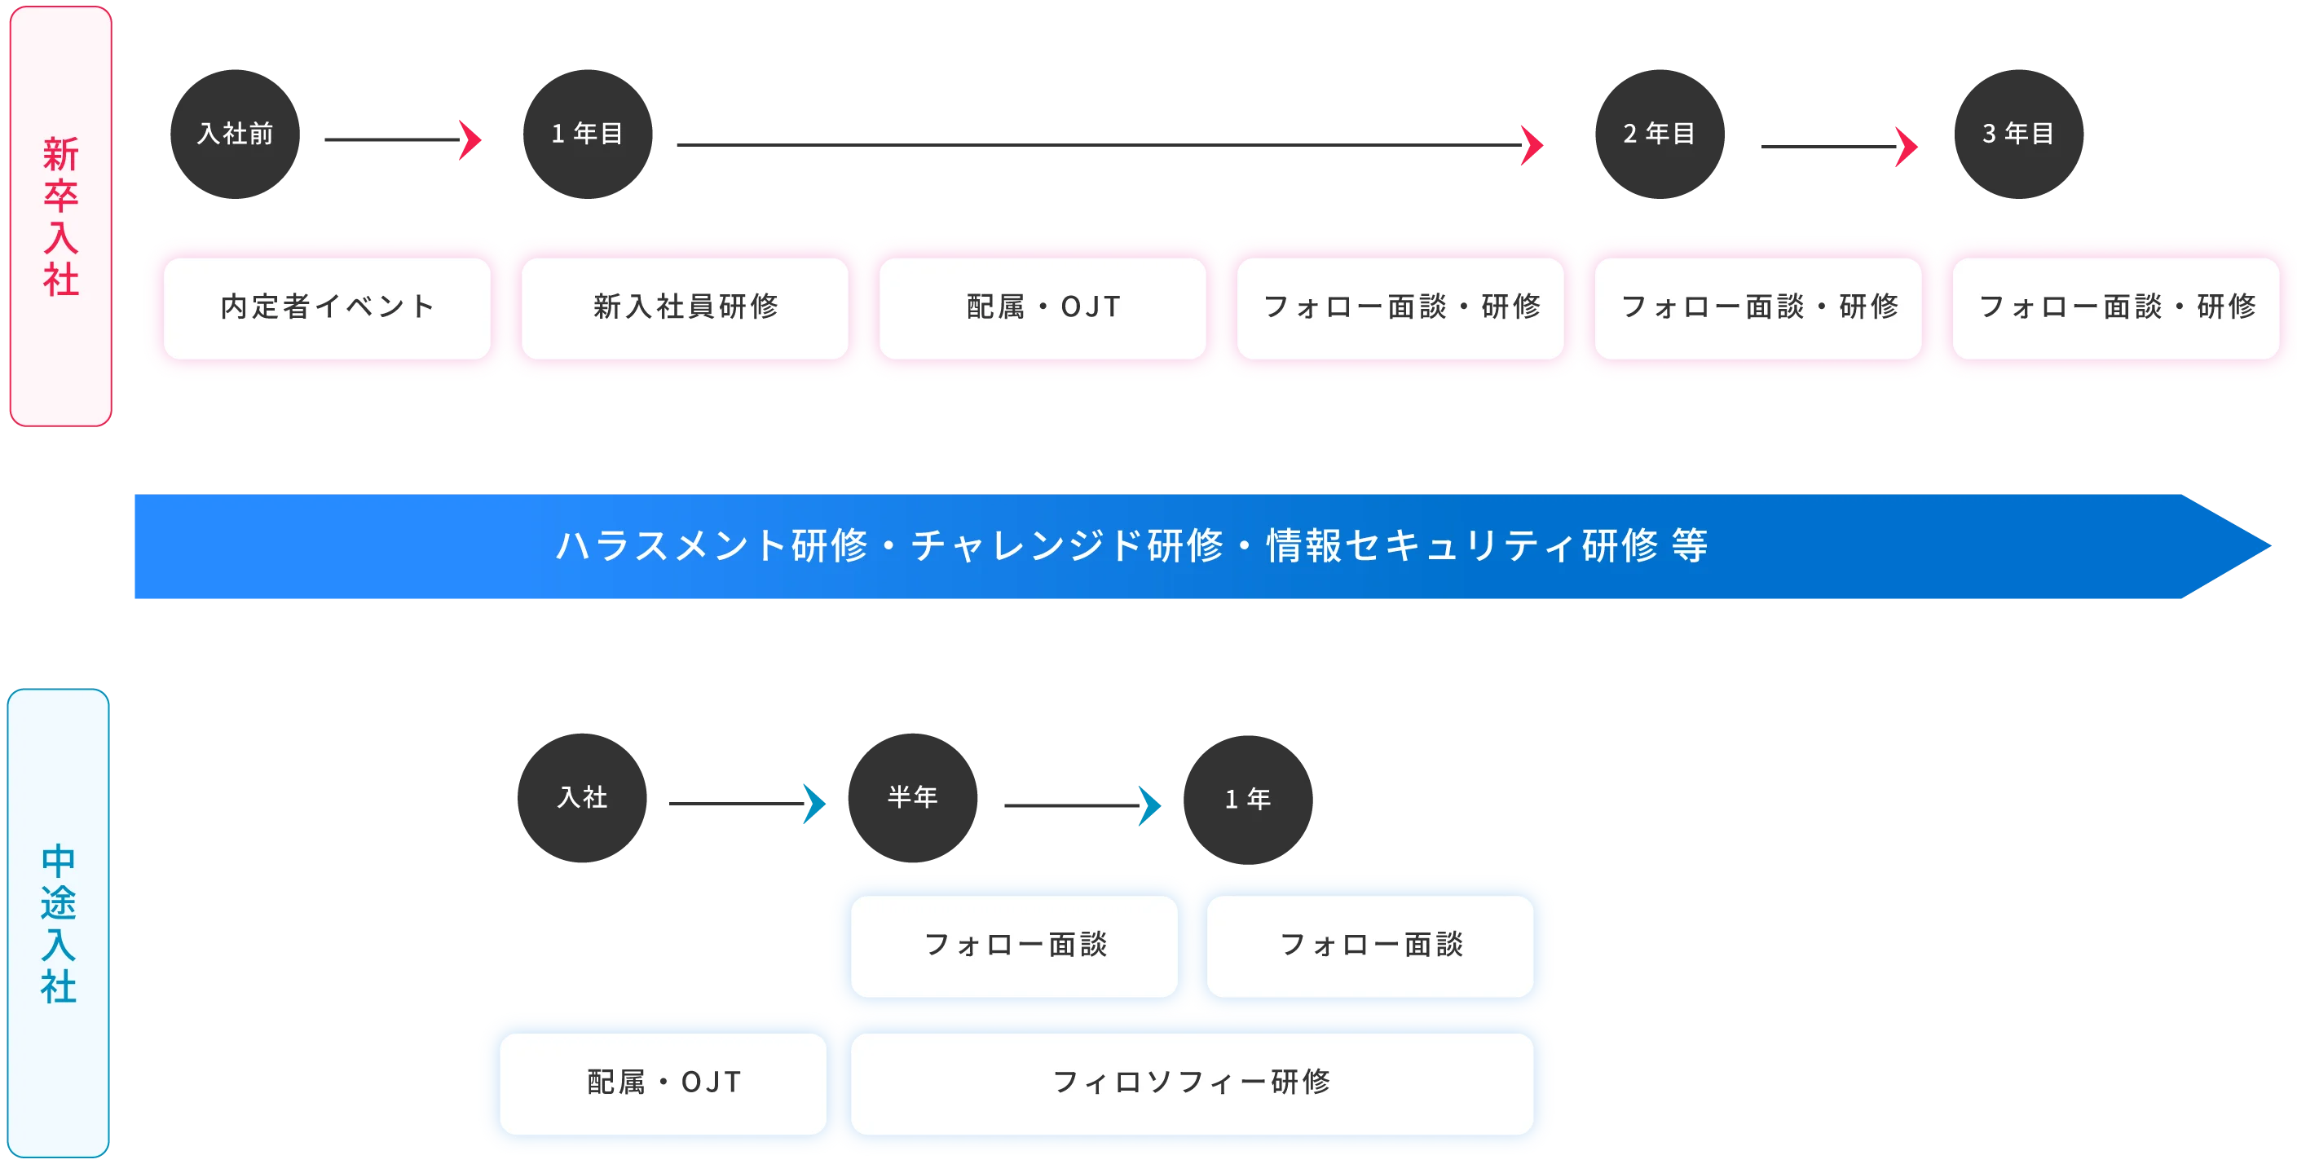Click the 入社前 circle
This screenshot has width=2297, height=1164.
(x=235, y=134)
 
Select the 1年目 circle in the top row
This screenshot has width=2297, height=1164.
(x=587, y=134)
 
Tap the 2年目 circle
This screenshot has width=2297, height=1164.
(x=1659, y=134)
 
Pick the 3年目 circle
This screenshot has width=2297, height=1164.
(x=2018, y=134)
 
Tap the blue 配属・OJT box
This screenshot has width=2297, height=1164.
(x=663, y=1082)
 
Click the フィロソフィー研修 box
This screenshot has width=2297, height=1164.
(x=1192, y=1082)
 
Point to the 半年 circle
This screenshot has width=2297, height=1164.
(x=912, y=797)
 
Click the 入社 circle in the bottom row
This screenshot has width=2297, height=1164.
(x=582, y=797)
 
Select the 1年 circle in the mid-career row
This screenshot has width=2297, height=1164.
(x=1247, y=798)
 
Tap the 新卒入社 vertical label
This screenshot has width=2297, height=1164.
(x=60, y=217)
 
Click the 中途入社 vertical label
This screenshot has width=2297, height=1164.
(x=59, y=924)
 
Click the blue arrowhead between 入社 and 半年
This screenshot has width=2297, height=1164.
(x=814, y=805)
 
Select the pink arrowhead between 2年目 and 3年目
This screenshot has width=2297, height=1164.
(x=1906, y=146)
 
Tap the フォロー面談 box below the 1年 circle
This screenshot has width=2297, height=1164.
(x=1370, y=946)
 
